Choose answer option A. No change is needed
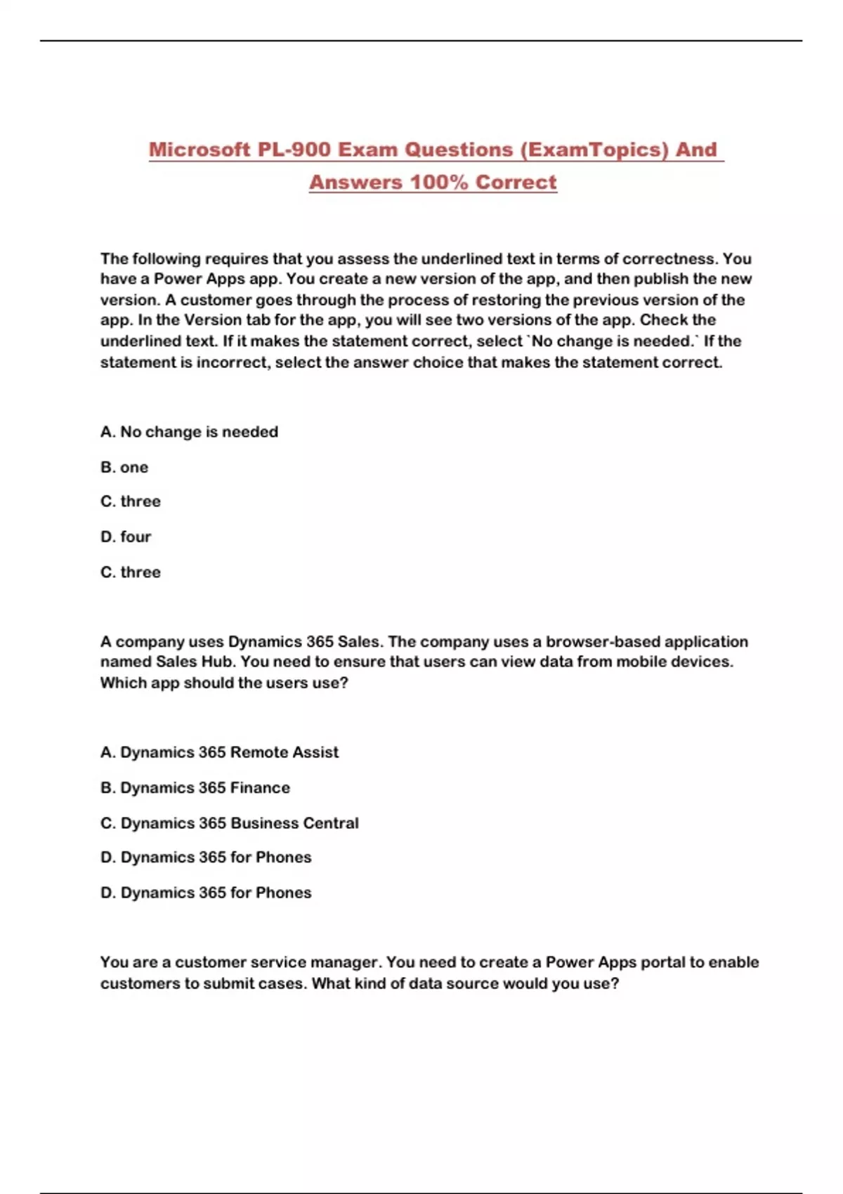tap(189, 432)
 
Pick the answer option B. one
tap(124, 467)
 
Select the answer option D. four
tap(126, 537)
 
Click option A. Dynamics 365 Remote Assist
tap(219, 752)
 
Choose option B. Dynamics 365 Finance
tap(195, 787)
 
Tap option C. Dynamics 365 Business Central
tap(229, 822)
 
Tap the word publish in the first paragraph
tap(661, 279)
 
